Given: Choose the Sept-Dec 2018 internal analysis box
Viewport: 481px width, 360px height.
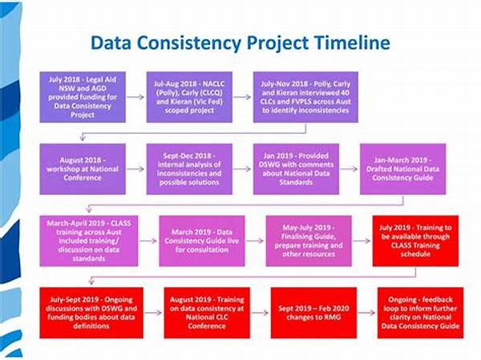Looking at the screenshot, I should [188, 168].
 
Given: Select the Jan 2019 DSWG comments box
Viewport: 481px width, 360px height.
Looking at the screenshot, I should [295, 168].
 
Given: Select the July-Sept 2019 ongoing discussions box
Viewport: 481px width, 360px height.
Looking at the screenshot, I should [91, 312].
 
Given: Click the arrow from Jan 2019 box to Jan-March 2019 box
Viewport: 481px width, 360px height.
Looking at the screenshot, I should [349, 168].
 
